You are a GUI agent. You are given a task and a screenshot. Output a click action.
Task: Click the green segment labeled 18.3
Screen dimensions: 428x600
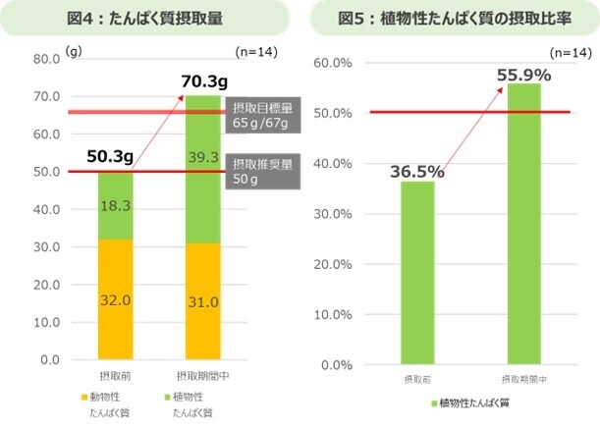tap(114, 205)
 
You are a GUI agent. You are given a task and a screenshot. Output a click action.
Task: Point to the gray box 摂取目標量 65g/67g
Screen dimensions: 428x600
tap(262, 115)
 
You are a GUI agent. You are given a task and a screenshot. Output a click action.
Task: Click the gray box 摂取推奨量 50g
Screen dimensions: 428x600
tap(262, 171)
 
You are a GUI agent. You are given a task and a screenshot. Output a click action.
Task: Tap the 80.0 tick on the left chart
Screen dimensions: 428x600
tap(48, 59)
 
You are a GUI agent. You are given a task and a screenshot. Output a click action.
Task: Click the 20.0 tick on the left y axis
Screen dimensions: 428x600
tap(48, 285)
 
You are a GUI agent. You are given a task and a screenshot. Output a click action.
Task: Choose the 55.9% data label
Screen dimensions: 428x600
tap(522, 74)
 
